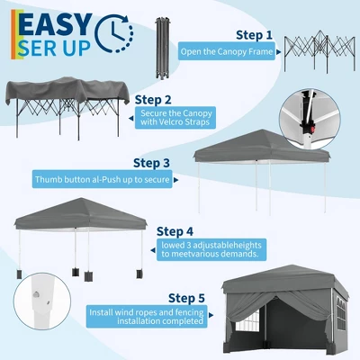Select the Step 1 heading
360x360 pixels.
pyautogui.click(x=254, y=35)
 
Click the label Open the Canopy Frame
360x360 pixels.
pyautogui.click(x=225, y=51)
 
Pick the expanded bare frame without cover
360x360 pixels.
pyautogui.click(x=319, y=52)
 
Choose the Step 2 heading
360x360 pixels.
pyautogui.click(x=152, y=98)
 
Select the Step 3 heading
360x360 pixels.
pyautogui.click(x=151, y=163)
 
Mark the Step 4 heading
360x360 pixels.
pyautogui.click(x=175, y=229)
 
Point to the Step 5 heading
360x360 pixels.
pyautogui.click(x=186, y=297)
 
